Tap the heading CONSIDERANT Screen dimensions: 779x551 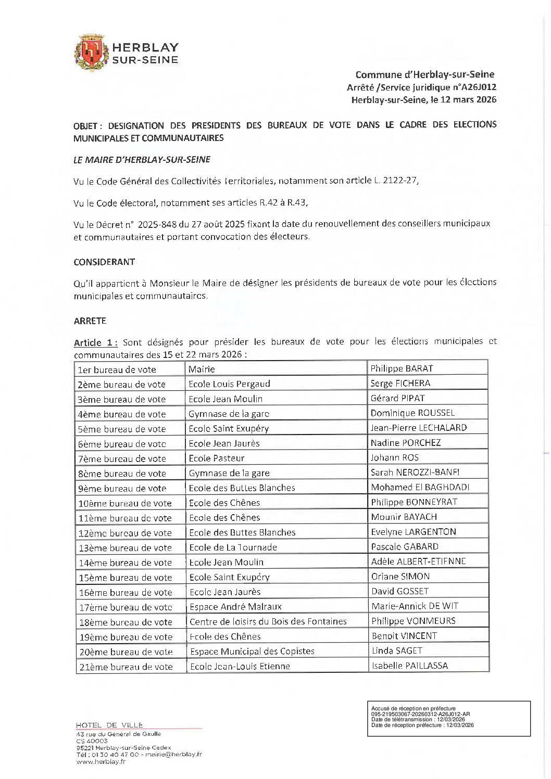[x=104, y=262]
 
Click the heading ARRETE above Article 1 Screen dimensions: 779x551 [x=90, y=321]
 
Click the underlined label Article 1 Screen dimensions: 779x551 [x=96, y=342]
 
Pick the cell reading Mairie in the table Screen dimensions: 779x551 [x=202, y=369]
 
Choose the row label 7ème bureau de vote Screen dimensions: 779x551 [x=121, y=458]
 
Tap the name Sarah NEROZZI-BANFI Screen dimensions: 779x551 [x=415, y=472]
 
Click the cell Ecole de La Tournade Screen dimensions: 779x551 [x=233, y=547]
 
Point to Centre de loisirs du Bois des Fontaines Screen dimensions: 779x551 [x=268, y=621]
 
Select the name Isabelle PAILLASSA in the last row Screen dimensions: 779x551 [x=409, y=666]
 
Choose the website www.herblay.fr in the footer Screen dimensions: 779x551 [x=101, y=762]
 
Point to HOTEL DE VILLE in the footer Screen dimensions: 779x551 [x=109, y=725]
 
